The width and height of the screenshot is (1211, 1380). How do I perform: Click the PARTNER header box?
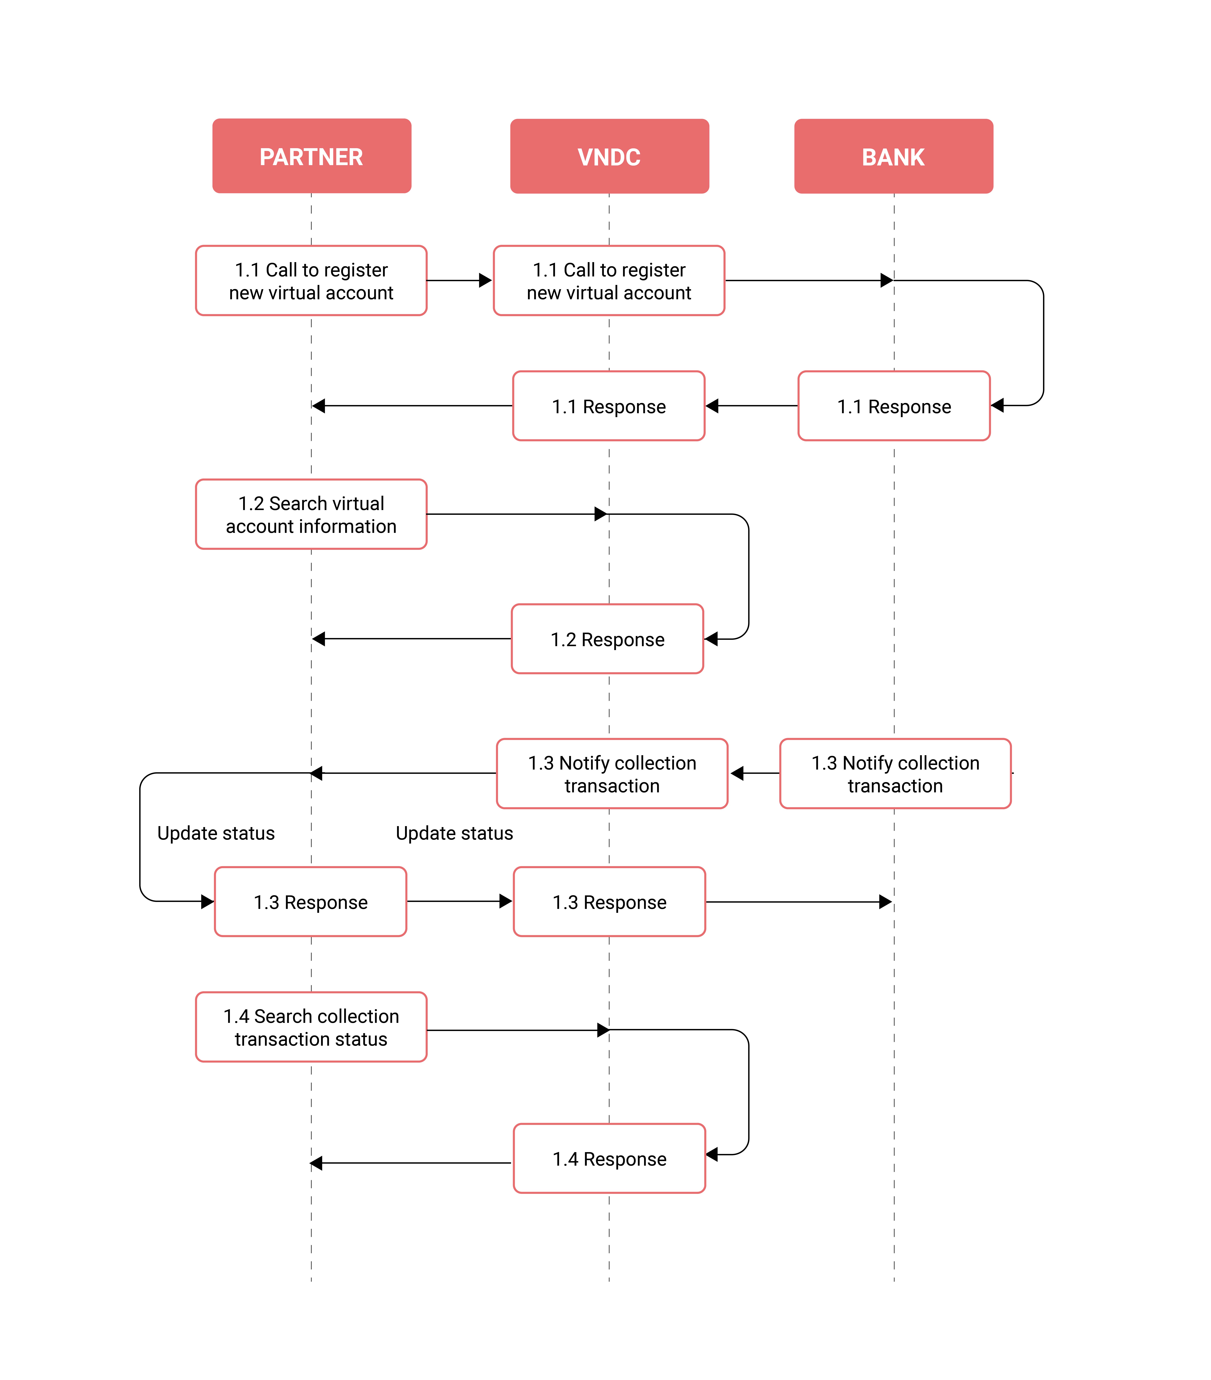311,156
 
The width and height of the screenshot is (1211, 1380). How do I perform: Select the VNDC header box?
609,156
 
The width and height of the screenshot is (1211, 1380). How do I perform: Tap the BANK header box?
894,156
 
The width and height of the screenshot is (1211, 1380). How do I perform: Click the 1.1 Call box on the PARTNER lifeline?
311,280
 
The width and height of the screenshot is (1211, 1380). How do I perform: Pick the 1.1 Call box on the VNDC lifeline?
609,280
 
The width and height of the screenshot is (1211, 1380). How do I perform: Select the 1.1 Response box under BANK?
894,406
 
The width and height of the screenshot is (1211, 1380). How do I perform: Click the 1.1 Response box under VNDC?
609,406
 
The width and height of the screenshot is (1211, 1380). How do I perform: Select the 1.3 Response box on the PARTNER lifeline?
311,901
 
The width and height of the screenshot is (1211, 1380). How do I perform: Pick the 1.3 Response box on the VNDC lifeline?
609,901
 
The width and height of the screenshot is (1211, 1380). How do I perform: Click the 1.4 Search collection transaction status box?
311,1027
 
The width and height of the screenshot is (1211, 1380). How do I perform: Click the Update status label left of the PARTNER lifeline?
216,833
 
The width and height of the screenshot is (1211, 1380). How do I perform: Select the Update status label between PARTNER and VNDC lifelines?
455,833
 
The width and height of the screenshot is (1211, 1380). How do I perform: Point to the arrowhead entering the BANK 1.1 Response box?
998,405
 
